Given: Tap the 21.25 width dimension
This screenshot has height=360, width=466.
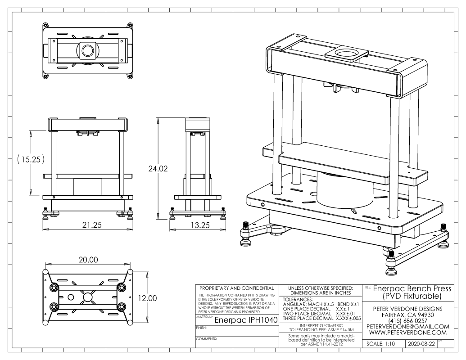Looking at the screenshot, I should coord(88,225).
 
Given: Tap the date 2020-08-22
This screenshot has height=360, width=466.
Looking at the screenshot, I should coord(421,343).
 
